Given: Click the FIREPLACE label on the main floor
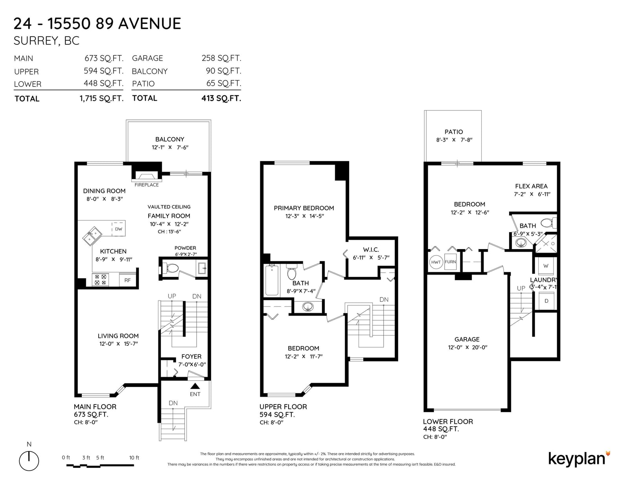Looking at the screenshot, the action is point(147,185).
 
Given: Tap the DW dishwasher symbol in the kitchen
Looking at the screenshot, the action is point(119,229).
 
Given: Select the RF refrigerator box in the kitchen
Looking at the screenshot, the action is point(127,280).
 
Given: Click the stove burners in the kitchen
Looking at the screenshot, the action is point(100,279).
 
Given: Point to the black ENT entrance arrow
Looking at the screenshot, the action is point(195,386).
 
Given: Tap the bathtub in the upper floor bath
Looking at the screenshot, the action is point(272,280).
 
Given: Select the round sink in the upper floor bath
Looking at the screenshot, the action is point(308,306).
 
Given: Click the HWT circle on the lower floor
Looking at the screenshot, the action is point(436,262).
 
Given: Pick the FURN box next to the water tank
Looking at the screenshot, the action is point(450,262).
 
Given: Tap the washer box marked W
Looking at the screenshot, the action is point(546,266).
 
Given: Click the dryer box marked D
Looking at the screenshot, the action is point(546,301).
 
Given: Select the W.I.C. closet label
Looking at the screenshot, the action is point(371,249).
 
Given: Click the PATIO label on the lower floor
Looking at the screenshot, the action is point(454,132).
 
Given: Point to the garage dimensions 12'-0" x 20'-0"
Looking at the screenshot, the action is point(468,347).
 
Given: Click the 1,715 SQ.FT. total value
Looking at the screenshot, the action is point(101,99).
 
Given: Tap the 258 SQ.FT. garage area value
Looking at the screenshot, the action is point(221,58).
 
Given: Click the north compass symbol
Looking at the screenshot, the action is point(29,461).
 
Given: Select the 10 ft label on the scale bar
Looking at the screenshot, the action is point(134,458).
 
